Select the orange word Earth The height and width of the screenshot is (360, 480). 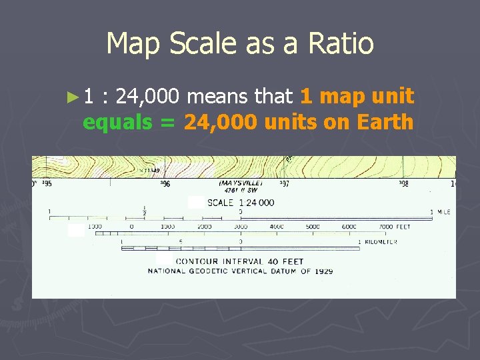click(385, 123)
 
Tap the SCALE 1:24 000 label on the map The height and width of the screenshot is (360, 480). click(241, 203)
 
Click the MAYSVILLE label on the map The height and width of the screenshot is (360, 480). click(241, 183)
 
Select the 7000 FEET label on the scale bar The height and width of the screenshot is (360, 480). click(395, 227)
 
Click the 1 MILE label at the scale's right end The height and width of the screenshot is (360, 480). click(441, 212)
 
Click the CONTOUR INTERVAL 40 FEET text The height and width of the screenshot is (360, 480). click(239, 262)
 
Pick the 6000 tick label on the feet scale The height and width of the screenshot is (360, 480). click(349, 227)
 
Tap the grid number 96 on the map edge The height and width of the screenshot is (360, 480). click(165, 183)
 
